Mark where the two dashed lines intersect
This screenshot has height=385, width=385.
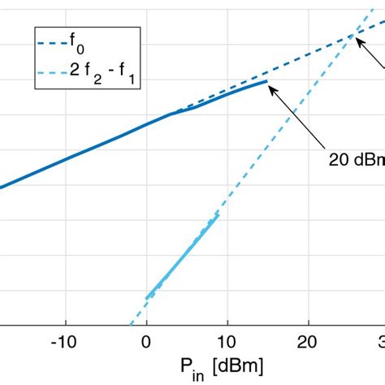point(354,33)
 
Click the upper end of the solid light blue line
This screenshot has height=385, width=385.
point(218,215)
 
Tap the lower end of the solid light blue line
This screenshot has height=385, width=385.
point(146,297)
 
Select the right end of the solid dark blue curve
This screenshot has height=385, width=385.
point(266,81)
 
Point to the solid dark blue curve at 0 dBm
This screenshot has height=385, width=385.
point(146,124)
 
